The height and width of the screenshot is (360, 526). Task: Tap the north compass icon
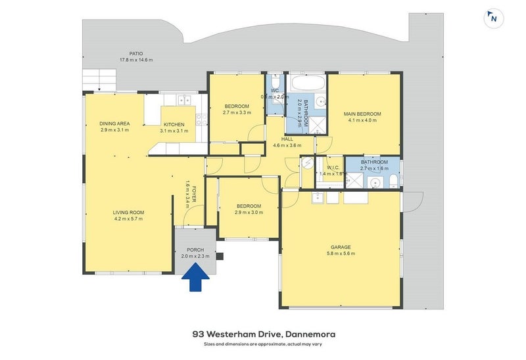pyautogui.click(x=493, y=18)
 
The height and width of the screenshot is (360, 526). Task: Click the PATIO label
pyautogui.click(x=136, y=54)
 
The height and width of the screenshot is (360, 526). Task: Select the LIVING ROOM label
pyautogui.click(x=128, y=212)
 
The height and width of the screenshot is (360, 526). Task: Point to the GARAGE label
pyautogui.click(x=342, y=247)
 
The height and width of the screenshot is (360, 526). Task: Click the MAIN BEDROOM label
pyautogui.click(x=362, y=114)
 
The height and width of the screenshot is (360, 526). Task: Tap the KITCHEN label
pyautogui.click(x=174, y=124)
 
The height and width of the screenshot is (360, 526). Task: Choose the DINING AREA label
pyautogui.click(x=114, y=124)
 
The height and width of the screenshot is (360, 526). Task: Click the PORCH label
pyautogui.click(x=195, y=250)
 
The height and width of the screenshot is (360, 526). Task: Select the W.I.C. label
pyautogui.click(x=332, y=168)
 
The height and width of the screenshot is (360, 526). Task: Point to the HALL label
pyautogui.click(x=287, y=139)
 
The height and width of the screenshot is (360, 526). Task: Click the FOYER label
pyautogui.click(x=195, y=194)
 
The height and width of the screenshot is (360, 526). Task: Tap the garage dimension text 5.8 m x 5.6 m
pyautogui.click(x=342, y=254)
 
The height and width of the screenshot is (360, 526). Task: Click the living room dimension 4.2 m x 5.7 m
pyautogui.click(x=128, y=219)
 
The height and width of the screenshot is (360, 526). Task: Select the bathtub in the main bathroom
pyautogui.click(x=308, y=83)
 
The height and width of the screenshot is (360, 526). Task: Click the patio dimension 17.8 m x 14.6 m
pyautogui.click(x=136, y=60)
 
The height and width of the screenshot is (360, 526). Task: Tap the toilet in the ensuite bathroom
pyautogui.click(x=392, y=181)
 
